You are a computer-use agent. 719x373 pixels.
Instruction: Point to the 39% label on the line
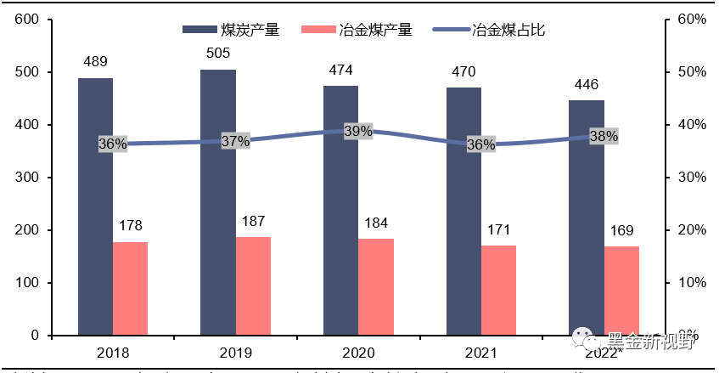click(x=358, y=131)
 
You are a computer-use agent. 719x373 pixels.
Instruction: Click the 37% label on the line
click(x=235, y=141)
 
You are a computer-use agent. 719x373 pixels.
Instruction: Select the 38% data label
click(x=604, y=136)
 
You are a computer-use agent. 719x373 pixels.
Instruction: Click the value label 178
click(x=130, y=225)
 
